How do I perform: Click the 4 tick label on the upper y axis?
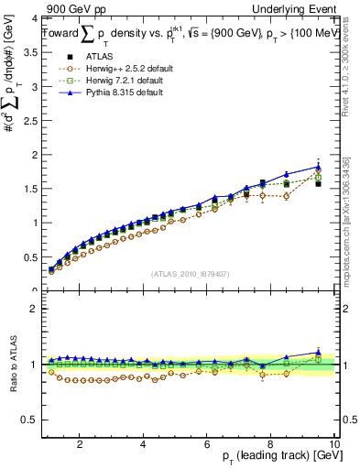coord(32,19)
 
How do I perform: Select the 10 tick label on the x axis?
coord(334,444)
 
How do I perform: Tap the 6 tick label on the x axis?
coord(207,444)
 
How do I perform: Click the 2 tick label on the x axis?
coord(80,444)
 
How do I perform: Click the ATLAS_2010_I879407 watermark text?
coord(190,274)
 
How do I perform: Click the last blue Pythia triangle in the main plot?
coord(318,167)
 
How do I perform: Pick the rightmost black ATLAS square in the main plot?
coord(318,183)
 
